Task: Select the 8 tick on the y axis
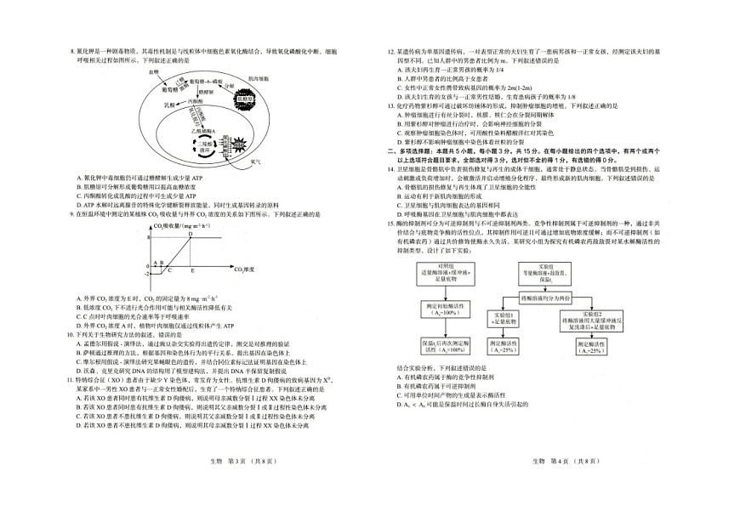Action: coord(147,237)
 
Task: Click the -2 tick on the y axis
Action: coord(146,274)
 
